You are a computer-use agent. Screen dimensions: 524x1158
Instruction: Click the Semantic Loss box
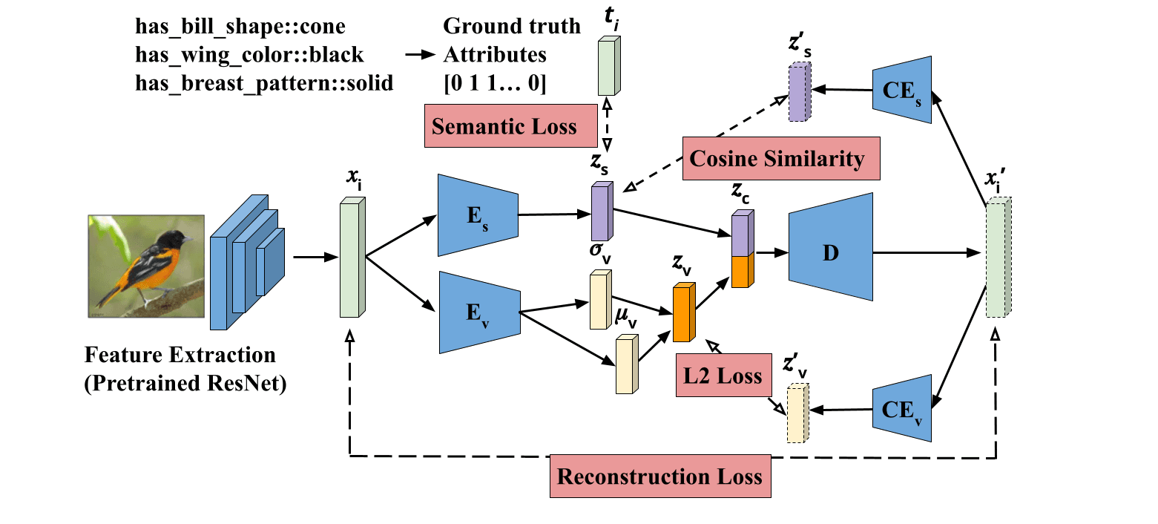click(504, 125)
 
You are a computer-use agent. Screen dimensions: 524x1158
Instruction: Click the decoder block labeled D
click(830, 252)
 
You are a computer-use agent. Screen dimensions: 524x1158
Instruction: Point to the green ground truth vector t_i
click(606, 67)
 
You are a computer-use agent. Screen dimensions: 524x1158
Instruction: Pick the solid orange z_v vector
click(683, 312)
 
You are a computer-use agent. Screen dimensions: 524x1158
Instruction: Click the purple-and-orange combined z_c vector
click(743, 249)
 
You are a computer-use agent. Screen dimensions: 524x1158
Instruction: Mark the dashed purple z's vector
click(799, 91)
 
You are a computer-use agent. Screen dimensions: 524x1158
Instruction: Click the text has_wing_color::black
click(250, 55)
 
